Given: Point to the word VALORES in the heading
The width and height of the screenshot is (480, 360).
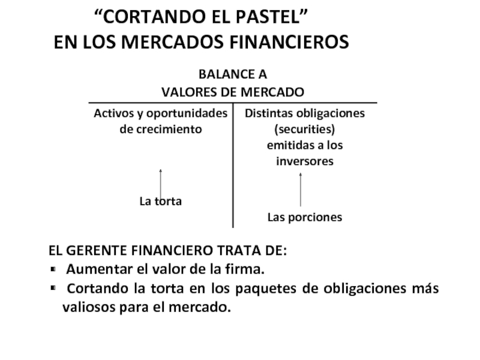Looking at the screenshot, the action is [x=185, y=92].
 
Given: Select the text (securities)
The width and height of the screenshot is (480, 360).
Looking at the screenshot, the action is [x=304, y=129].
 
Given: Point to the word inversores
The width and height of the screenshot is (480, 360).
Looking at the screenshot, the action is [x=304, y=161].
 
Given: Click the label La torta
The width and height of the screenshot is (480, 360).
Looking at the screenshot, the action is [x=160, y=202].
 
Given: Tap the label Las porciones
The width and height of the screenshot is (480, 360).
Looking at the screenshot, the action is [x=304, y=217].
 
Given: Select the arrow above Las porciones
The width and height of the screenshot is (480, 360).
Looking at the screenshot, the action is [x=301, y=190].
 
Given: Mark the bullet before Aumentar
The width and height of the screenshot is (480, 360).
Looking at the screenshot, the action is [x=53, y=268].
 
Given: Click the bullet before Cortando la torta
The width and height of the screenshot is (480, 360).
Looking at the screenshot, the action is [x=53, y=289].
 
